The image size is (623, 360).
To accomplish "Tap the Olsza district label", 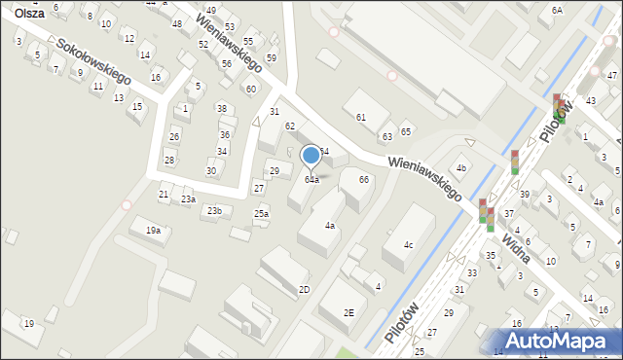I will pos(27,13).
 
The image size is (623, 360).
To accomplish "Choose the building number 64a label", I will pos(311,180).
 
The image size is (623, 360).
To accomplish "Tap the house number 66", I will pos(363,179).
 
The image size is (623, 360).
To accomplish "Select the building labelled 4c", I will pos(409,244).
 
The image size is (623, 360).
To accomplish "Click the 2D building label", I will pos(304,289).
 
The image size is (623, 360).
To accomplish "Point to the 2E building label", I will pos(348,312).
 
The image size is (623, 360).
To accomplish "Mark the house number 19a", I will pos(153,231).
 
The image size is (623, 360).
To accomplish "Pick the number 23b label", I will pos(214,210).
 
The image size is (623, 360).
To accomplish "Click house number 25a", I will pos(261,213).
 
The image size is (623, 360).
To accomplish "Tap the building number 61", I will pos(360,117).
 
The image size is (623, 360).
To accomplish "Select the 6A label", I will pos(557,10).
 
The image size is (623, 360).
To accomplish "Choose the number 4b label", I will pos(462,168).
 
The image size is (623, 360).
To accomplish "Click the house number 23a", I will pos(188,198).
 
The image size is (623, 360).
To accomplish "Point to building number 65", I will pos(406,131).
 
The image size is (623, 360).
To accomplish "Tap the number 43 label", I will pos(591,101).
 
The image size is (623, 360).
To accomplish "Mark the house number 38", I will pos(222,108).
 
